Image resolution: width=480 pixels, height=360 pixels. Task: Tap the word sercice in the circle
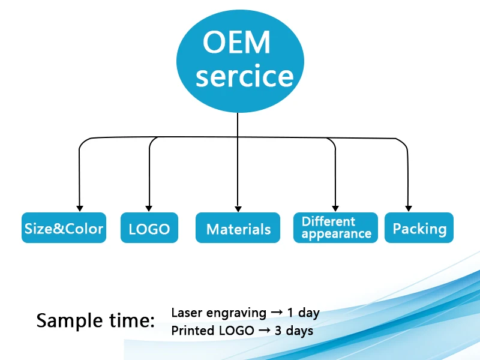[x=245, y=76]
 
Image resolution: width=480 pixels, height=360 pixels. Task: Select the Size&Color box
[x=64, y=228]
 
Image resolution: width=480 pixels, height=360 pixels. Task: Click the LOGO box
[x=149, y=229]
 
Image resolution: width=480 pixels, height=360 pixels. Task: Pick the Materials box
[x=238, y=229]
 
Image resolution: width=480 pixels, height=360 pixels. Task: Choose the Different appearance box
[x=336, y=228]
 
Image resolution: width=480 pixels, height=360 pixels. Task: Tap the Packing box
[x=419, y=228]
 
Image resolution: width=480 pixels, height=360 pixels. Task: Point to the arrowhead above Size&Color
[x=79, y=206]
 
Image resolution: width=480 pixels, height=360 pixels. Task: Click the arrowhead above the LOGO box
[x=149, y=206]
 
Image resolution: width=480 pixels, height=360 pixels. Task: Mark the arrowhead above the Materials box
[x=238, y=206]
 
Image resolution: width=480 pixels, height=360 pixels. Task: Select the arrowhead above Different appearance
[x=335, y=206]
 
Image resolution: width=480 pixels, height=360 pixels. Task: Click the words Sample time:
[x=95, y=320]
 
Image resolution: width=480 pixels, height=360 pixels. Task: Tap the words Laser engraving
[x=218, y=313]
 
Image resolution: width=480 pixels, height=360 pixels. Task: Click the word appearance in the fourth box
[x=336, y=234]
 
